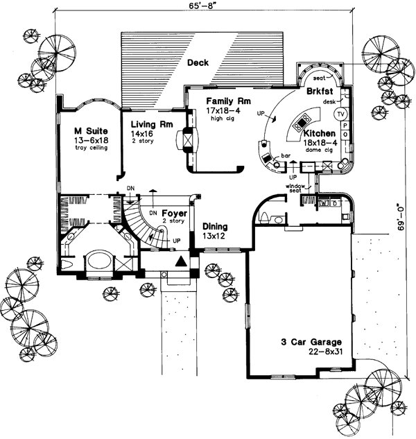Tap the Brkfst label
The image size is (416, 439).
click(x=320, y=90)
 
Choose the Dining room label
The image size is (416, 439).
click(x=216, y=227)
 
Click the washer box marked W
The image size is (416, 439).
click(x=324, y=203)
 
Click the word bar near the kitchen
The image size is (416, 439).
click(x=284, y=157)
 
